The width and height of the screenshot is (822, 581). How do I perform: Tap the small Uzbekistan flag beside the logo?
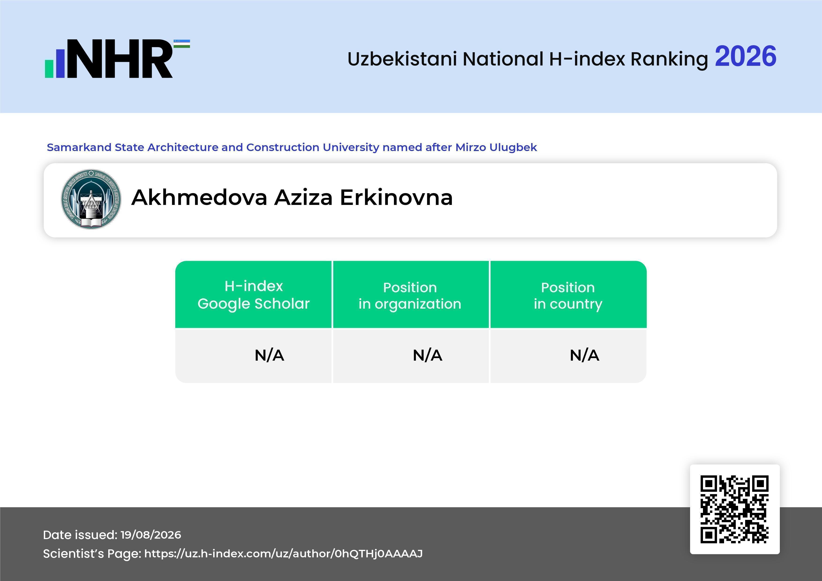pos(182,44)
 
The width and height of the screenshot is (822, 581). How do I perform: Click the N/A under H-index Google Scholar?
pos(269,355)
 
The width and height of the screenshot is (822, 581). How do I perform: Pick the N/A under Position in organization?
pos(427,355)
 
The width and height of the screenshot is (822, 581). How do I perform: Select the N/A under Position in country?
pos(584,355)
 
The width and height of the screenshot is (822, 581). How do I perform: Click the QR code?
pos(735,509)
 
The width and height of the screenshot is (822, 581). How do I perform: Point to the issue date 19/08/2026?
pos(151,535)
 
